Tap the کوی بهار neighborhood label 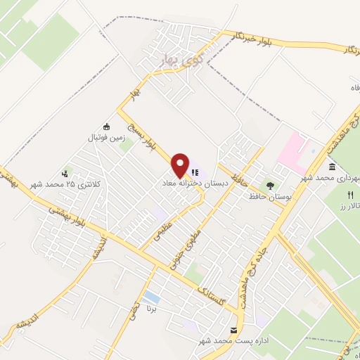point(172,55)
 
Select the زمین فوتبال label point(107,138)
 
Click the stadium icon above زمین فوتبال point(107,127)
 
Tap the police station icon point(66,173)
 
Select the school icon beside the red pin point(195,171)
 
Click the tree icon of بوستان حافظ point(271,185)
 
